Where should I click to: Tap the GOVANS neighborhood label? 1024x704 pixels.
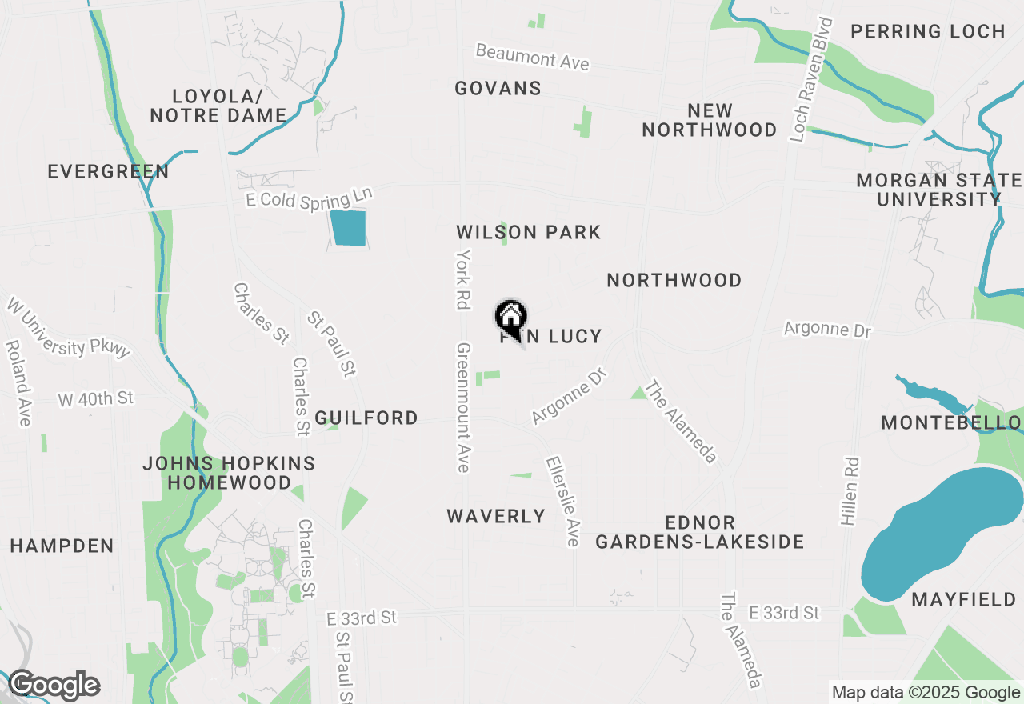(x=498, y=88)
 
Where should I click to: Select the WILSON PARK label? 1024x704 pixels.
(x=528, y=232)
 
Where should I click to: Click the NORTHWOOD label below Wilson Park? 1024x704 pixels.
(x=674, y=280)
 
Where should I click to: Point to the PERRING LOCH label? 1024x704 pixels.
(x=927, y=31)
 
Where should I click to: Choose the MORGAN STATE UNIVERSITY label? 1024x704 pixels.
(x=938, y=190)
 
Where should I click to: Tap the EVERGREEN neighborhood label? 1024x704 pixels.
(x=108, y=171)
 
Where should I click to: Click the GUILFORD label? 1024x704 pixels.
(x=366, y=418)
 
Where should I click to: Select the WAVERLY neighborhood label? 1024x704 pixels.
(x=496, y=516)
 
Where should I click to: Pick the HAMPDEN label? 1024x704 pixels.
(x=62, y=546)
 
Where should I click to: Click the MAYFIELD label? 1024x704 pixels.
(x=964, y=598)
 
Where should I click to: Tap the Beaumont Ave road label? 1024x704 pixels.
(x=532, y=57)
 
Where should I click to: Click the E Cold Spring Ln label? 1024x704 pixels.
(x=310, y=198)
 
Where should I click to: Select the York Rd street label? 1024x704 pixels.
(x=462, y=278)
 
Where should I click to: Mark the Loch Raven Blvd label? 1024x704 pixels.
(x=811, y=80)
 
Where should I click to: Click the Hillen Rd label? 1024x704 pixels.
(x=850, y=491)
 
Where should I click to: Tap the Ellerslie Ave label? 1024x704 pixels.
(x=562, y=502)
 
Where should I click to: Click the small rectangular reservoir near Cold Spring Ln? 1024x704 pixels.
(x=348, y=228)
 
